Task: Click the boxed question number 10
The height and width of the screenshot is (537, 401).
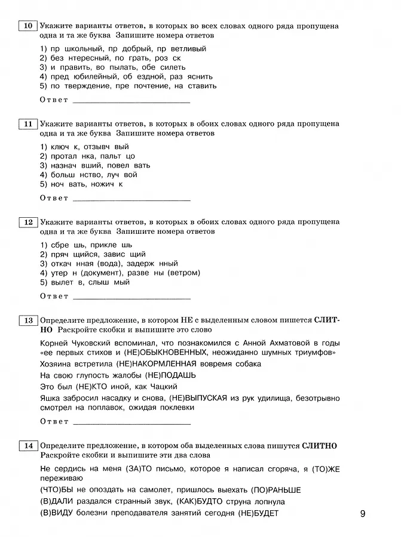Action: coord(27,26)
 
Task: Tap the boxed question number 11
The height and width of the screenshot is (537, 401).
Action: coord(27,124)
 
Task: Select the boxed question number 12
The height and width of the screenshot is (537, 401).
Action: coord(27,223)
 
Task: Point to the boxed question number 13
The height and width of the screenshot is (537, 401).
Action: coord(27,320)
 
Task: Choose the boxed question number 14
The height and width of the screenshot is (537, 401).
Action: coord(27,446)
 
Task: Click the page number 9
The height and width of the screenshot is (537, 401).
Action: coord(365,513)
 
